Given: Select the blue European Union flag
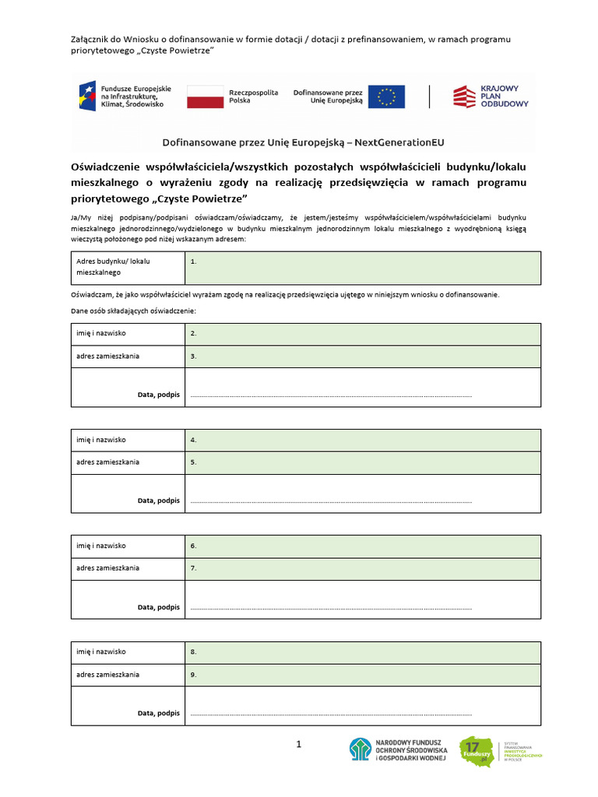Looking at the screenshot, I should tap(386, 97).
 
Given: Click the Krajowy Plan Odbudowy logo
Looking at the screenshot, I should tap(491, 97).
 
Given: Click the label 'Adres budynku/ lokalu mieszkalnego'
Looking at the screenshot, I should tap(114, 267).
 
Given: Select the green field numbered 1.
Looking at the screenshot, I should tap(362, 268).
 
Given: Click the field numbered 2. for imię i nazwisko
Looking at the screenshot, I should tap(362, 334).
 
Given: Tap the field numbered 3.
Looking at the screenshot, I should tap(362, 356).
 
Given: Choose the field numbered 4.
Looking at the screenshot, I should tap(362, 440).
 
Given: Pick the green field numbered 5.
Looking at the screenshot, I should tap(362, 462).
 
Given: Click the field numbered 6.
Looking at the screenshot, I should tap(362, 546).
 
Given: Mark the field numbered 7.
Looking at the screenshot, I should tap(362, 568).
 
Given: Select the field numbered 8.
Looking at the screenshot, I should tap(362, 652).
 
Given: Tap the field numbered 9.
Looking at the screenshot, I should tap(362, 675).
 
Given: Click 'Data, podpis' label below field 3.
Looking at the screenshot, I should tap(159, 395).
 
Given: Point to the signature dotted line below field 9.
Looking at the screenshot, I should tap(331, 714).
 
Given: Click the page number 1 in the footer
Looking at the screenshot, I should tap(298, 745).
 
